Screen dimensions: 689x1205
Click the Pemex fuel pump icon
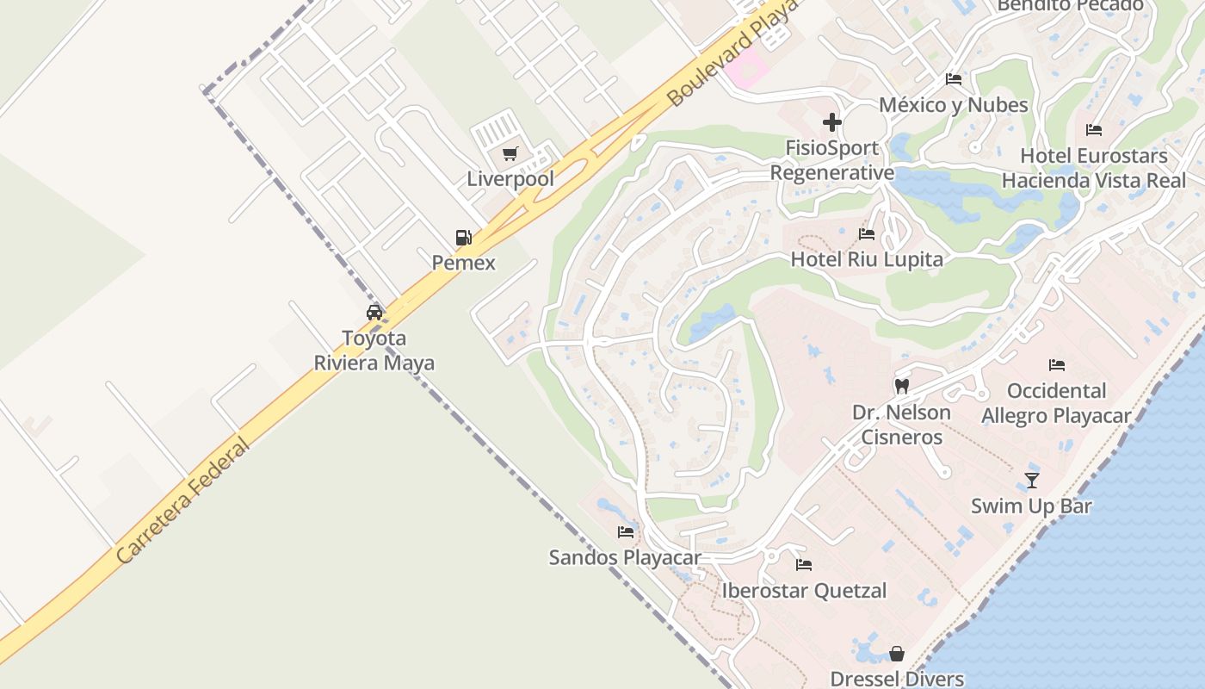463,238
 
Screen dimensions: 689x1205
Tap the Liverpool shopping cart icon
510,154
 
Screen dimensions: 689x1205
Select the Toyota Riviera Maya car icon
374,313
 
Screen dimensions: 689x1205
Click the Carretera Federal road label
182,501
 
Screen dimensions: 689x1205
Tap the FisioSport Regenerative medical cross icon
831,122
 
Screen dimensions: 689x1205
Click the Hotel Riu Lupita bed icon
867,234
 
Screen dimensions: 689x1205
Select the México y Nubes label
953,105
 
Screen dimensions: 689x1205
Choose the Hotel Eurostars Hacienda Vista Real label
1094,168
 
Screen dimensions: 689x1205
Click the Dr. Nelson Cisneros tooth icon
902,387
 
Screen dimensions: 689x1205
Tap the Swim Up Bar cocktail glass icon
1032,481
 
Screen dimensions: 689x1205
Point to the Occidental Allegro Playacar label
1056,403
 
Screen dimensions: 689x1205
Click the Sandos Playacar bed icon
626,532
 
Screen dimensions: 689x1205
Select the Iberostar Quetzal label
804,591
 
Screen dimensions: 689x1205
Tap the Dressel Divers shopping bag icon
897,654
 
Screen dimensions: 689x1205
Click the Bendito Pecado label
1070,5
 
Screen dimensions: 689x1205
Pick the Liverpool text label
510,179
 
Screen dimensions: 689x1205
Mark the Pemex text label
464,263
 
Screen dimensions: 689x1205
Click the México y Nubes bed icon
954,79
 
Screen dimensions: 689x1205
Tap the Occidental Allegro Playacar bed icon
1057,365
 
